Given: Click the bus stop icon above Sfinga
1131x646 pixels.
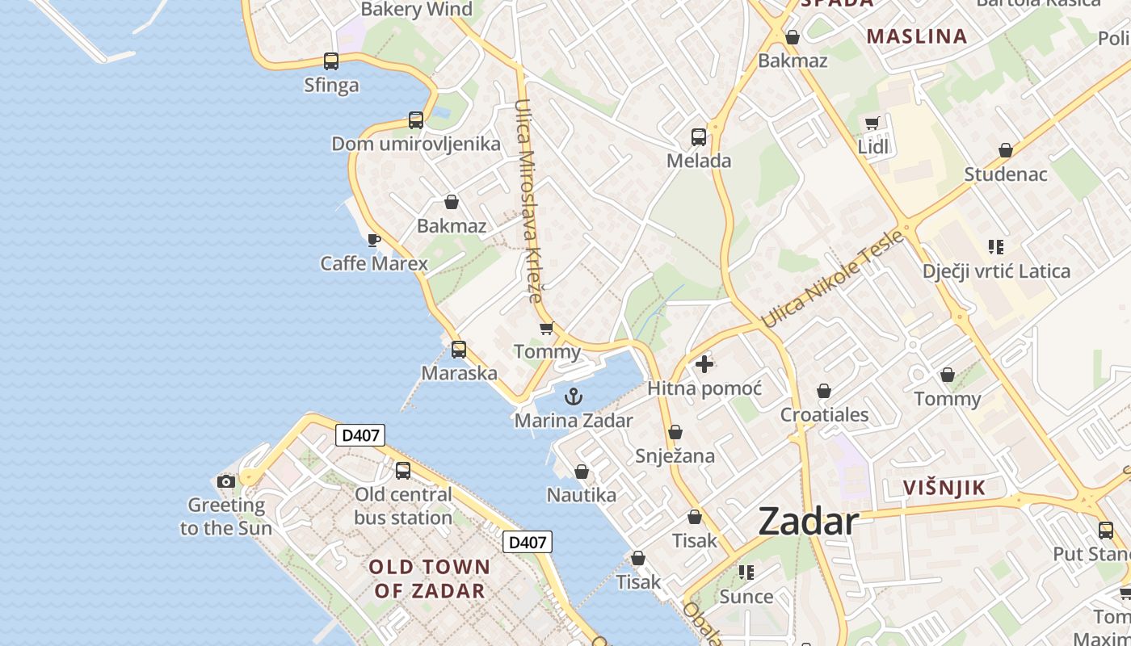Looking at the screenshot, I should coord(331,61).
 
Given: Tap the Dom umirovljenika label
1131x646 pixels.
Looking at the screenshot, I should coord(416,145).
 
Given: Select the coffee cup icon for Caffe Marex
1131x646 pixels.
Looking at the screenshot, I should coord(373,240).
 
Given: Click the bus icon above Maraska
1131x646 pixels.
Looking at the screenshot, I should coord(459,350).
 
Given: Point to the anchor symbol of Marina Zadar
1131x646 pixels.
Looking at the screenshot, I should coord(573,396).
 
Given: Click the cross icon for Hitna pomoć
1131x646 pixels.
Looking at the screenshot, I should coord(704,364).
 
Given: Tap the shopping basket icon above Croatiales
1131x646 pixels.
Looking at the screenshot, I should coord(824,392).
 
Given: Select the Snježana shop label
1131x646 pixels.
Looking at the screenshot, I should coord(675,456).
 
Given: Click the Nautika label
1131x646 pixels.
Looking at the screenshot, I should coord(582,495).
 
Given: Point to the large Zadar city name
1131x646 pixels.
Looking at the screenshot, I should coord(808,522).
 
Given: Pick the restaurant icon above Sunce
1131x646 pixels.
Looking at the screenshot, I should coord(746,573).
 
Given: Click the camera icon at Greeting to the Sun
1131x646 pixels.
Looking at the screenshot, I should coord(226,482).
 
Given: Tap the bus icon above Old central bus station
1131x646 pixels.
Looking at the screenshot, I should coord(402,470).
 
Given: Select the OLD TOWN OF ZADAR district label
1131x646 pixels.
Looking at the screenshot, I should coord(429,578).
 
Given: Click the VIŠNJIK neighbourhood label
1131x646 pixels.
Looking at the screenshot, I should coord(944,488).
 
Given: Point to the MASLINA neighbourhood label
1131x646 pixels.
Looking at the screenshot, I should coord(916,36).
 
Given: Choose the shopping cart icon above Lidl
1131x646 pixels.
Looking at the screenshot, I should coord(872,124).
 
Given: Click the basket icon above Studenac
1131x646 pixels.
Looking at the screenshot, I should coord(1006,150).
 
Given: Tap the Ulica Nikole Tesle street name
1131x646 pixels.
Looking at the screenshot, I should coord(832,279).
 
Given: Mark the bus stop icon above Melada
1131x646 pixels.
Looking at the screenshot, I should coord(699,137).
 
